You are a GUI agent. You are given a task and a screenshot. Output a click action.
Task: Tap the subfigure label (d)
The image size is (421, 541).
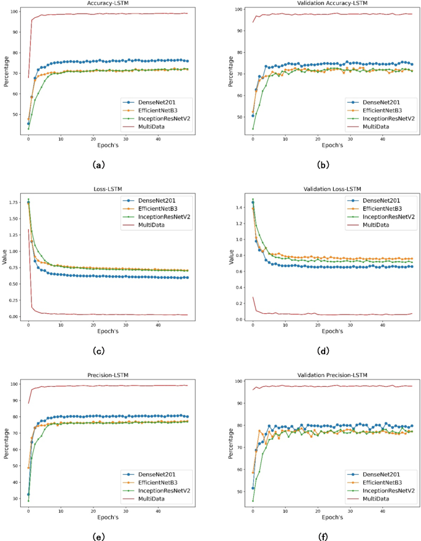coord(321,351)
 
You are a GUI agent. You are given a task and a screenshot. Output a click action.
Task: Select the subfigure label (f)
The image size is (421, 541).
coord(321,536)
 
